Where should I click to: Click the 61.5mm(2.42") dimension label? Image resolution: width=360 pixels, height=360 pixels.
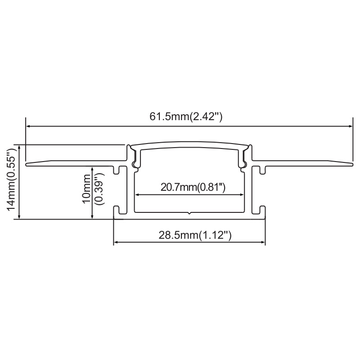coord(186,117)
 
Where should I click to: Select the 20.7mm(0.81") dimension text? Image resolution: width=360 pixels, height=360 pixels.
coord(193,187)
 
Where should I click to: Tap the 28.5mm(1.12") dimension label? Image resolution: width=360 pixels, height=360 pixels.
coord(195,235)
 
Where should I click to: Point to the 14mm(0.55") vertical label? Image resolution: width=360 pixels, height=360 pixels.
coord(11,179)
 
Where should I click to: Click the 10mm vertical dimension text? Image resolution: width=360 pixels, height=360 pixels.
coord(87,189)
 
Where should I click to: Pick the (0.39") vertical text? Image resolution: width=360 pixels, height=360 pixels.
coord(99,189)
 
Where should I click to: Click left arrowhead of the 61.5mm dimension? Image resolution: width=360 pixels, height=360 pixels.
coord(28,126)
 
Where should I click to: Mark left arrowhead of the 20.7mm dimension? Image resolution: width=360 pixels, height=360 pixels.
coord(137,195)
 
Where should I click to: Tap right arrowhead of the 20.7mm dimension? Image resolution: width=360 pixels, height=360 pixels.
coord(241,195)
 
